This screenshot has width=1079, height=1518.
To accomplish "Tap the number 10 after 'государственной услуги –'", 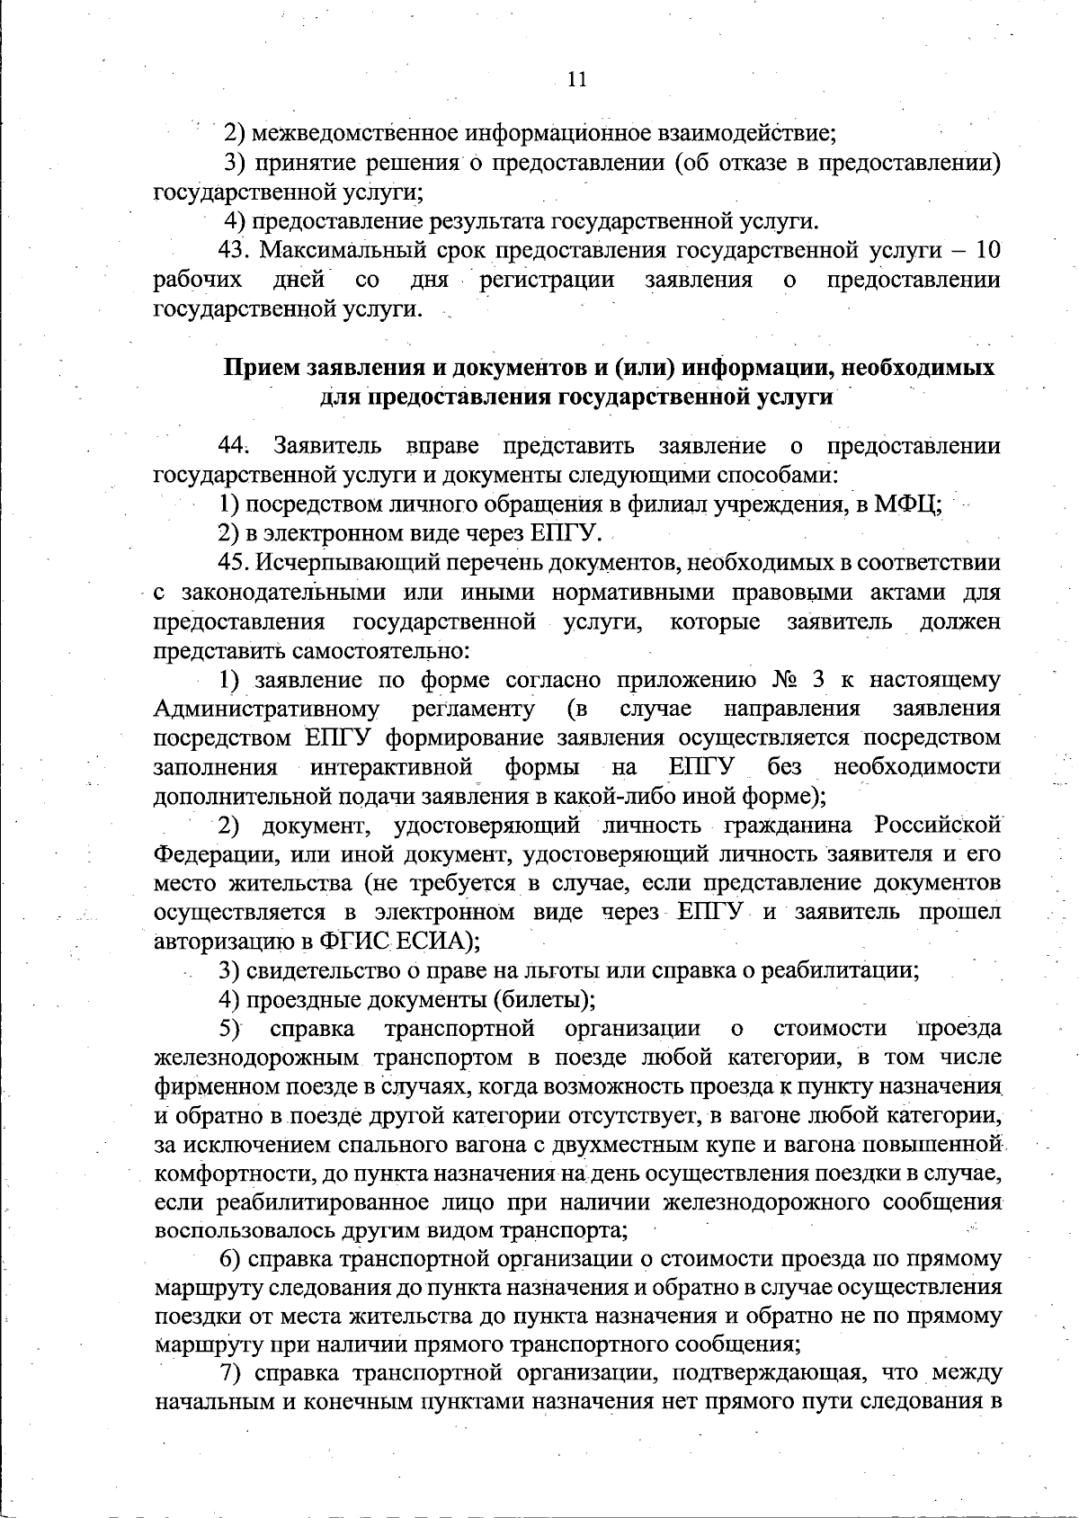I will [987, 250].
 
